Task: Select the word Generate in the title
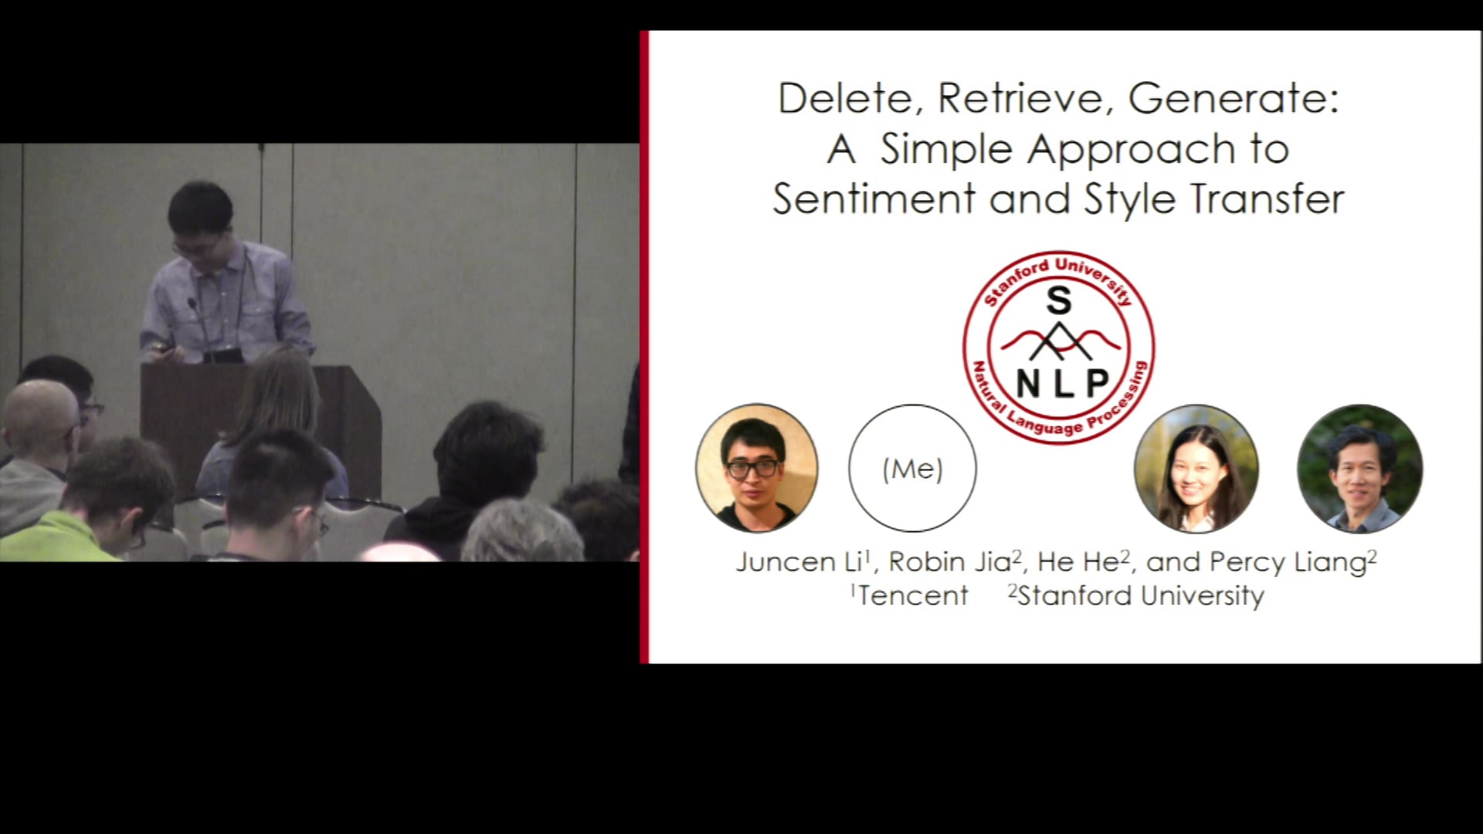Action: pyautogui.click(x=1234, y=99)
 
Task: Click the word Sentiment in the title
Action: pyautogui.click(x=874, y=199)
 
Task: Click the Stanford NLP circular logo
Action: pyautogui.click(x=1059, y=347)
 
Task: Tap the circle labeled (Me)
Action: pyautogui.click(x=912, y=469)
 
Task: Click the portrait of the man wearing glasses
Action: pyautogui.click(x=756, y=468)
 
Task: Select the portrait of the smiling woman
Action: pyautogui.click(x=1196, y=469)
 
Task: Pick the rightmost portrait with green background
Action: pyautogui.click(x=1359, y=469)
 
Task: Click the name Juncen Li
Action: pyautogui.click(x=800, y=562)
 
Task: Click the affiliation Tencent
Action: pyautogui.click(x=911, y=596)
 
